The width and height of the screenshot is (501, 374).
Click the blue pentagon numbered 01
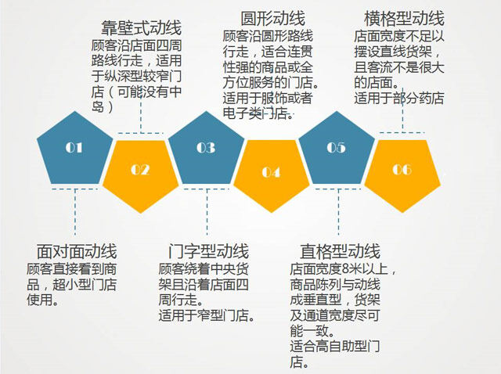pyautogui.click(x=75, y=151)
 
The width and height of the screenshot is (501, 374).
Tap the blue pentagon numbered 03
pyautogui.click(x=207, y=151)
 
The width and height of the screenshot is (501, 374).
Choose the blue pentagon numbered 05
pyautogui.click(x=337, y=151)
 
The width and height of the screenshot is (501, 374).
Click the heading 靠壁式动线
pyautogui.click(x=141, y=28)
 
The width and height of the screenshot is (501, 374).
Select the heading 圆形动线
pyautogui.click(x=273, y=18)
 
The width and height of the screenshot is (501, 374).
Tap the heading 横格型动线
pyautogui.click(x=404, y=18)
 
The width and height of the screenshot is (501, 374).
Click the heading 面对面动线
pyautogui.click(x=77, y=251)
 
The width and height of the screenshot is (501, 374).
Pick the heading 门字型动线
pyautogui.click(x=209, y=251)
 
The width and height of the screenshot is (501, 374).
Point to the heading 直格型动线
pyautogui.click(x=341, y=251)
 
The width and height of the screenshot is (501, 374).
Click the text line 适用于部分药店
pyautogui.click(x=399, y=98)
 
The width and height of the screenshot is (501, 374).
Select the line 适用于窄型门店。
pyautogui.click(x=207, y=315)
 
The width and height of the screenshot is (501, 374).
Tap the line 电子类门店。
pyautogui.click(x=258, y=113)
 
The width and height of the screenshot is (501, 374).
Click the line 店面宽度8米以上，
pyautogui.click(x=343, y=269)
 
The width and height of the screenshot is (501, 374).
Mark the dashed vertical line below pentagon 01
pyautogui.click(x=75, y=212)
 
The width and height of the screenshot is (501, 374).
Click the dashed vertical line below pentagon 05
pyautogui.click(x=338, y=212)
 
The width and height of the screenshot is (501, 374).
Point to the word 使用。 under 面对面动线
pyautogui.click(x=43, y=300)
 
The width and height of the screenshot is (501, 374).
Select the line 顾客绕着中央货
pyautogui.click(x=204, y=269)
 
